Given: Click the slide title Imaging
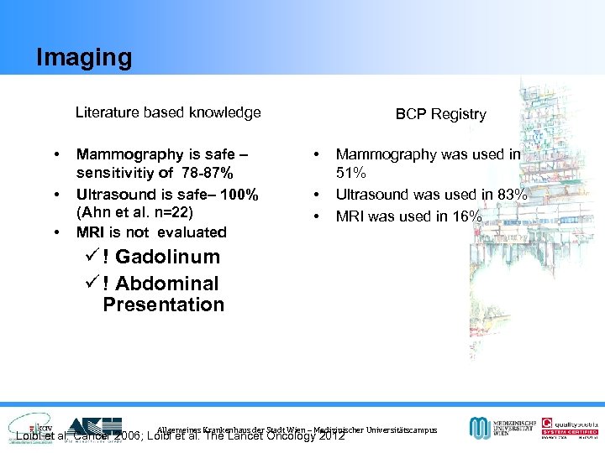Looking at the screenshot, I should coord(84,57).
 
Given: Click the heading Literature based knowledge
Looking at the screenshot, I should coord(168,112).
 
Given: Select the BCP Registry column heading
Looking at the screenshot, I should coord(440,114).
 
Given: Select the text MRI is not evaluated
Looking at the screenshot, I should coord(151,232).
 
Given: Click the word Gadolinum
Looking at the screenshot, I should coord(167,257).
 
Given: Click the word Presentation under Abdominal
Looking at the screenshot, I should coord(163,305).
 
